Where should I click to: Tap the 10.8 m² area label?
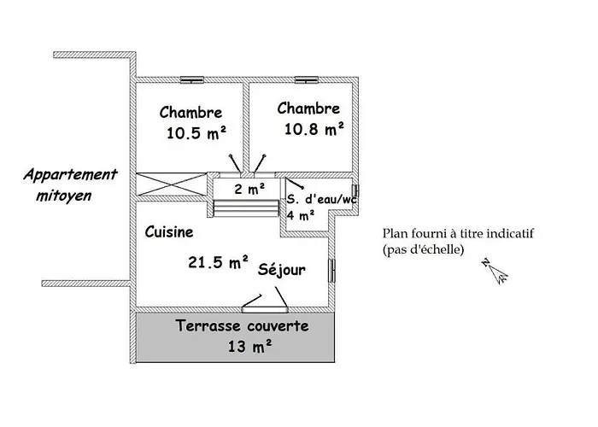pyautogui.click(x=314, y=129)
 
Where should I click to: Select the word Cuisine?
pyautogui.click(x=168, y=231)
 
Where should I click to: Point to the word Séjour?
pyautogui.click(x=282, y=270)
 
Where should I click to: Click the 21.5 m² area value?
pyautogui.click(x=218, y=262)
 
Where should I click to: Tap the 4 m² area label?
pyautogui.click(x=301, y=215)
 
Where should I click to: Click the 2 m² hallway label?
pyautogui.click(x=249, y=190)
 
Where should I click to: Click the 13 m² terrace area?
pyautogui.click(x=250, y=346)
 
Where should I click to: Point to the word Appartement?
pyautogui.click(x=70, y=174)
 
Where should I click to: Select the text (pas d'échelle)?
pyautogui.click(x=424, y=250)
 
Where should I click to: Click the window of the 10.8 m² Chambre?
pyautogui.click(x=306, y=79)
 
